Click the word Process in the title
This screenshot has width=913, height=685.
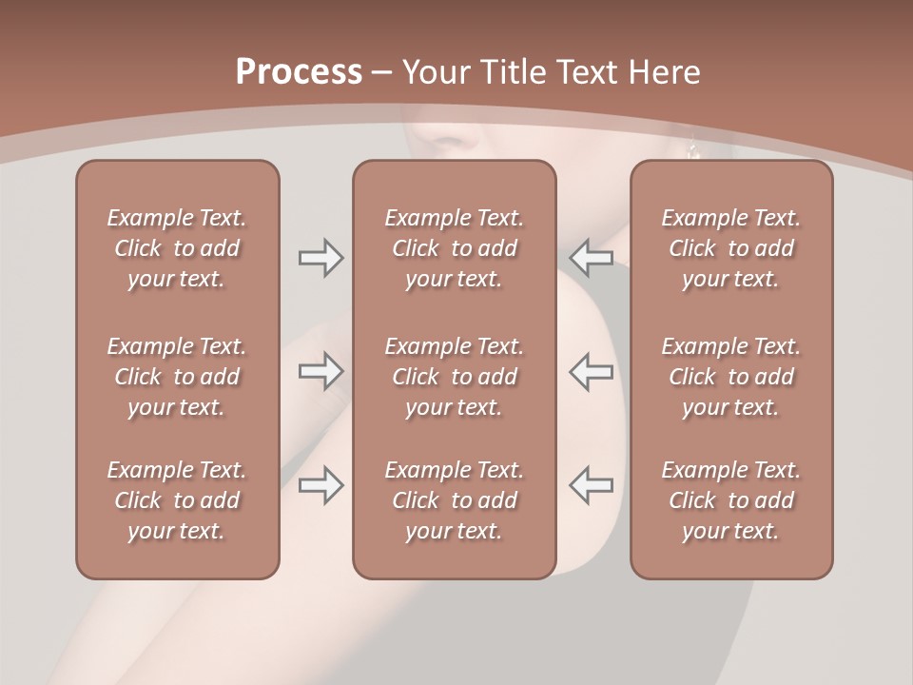(x=299, y=72)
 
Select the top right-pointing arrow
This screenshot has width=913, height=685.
(x=321, y=258)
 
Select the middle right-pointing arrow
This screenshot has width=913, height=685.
(x=321, y=372)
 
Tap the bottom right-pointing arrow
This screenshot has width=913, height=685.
(x=321, y=485)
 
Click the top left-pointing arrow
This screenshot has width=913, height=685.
(x=592, y=258)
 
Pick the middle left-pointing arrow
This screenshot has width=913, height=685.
(x=592, y=372)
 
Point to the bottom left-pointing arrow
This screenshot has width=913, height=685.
(x=592, y=485)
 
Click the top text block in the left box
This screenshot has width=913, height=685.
(x=176, y=248)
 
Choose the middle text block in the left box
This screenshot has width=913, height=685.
(x=176, y=377)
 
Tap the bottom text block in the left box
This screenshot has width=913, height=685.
(x=176, y=500)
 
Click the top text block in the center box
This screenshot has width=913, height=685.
(x=454, y=248)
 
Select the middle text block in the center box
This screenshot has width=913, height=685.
(x=454, y=377)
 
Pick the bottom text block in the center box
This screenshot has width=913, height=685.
(x=454, y=500)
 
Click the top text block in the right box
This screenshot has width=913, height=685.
(x=730, y=248)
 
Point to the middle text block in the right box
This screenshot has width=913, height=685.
(x=730, y=377)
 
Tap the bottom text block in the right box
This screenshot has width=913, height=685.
(x=730, y=500)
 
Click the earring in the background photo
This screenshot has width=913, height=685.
(x=693, y=149)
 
